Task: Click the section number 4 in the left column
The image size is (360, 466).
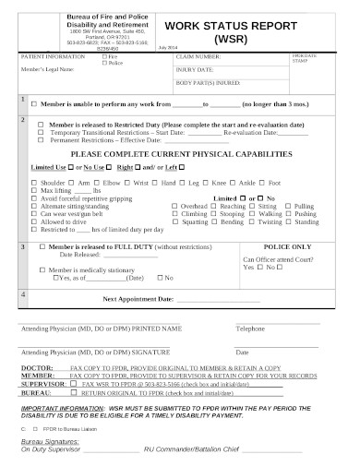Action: [x=23, y=293]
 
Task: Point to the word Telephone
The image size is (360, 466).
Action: [x=249, y=329]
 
